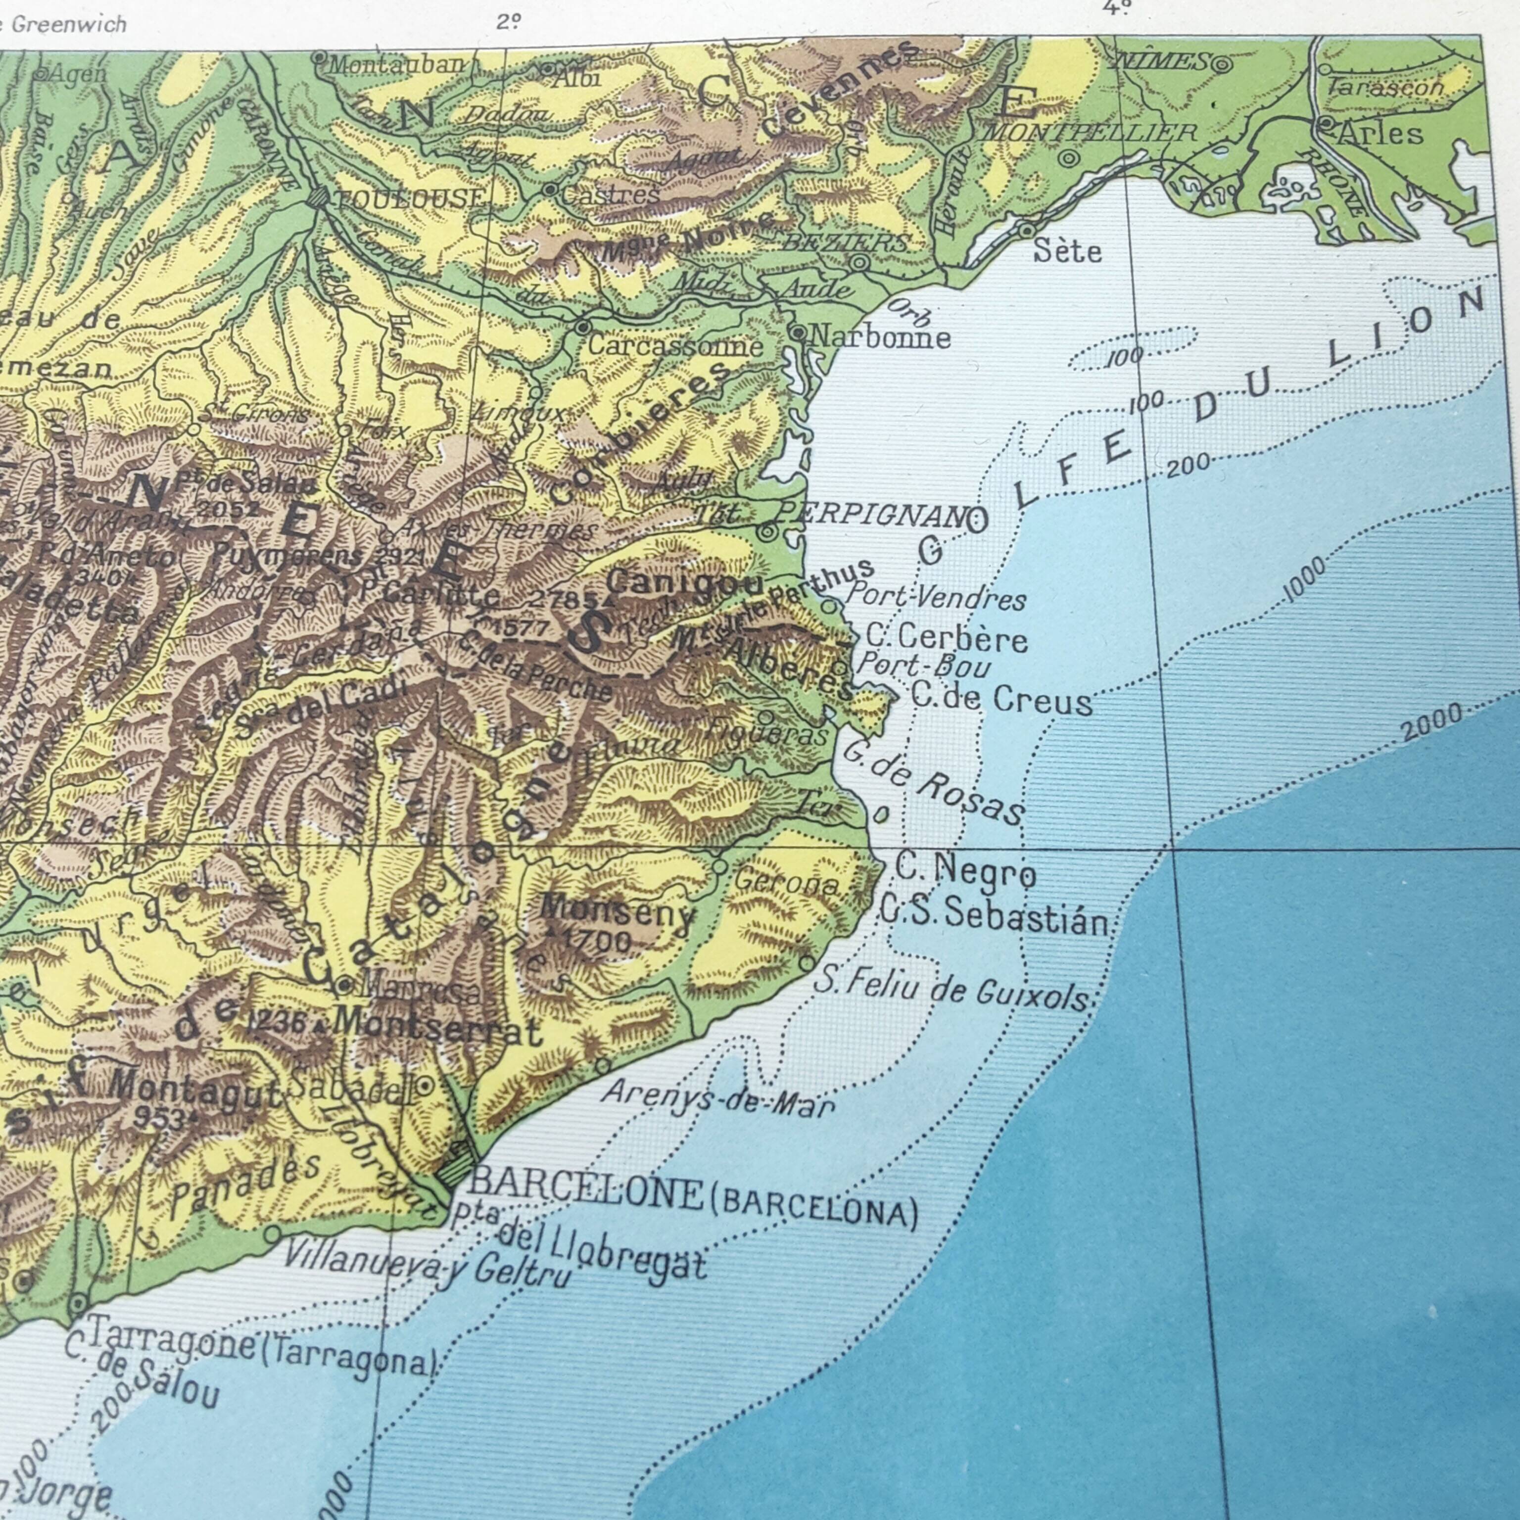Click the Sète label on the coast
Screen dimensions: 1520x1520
[x=1067, y=251]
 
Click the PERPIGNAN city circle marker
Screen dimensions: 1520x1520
[x=766, y=532]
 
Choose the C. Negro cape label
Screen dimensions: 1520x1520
[x=965, y=871]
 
